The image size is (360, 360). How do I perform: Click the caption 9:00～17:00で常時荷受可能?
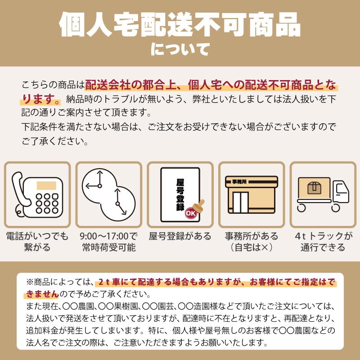pos(109,242)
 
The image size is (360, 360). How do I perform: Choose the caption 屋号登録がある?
pos(180,236)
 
